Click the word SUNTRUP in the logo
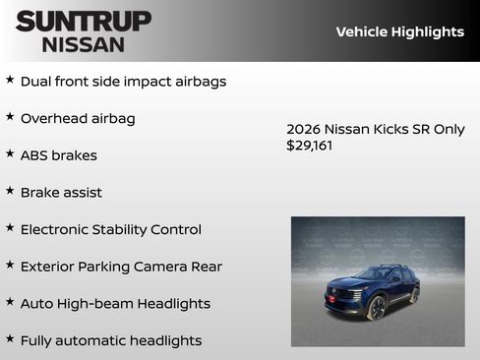(84, 20)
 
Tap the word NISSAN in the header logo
(84, 44)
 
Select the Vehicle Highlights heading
(399, 31)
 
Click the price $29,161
(310, 146)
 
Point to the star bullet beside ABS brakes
(10, 154)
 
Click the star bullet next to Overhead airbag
(10, 117)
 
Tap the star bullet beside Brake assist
(10, 191)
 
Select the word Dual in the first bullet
(37, 82)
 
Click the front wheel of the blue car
(376, 307)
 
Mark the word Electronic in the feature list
(58, 229)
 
